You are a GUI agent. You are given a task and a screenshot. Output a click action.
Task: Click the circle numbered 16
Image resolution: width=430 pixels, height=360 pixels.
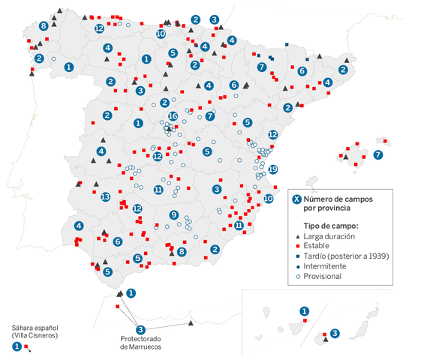click(173, 116)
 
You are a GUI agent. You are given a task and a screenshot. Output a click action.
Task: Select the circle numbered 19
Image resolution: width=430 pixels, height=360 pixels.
click(273, 169)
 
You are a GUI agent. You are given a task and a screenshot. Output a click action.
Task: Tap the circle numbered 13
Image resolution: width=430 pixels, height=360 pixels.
click(105, 197)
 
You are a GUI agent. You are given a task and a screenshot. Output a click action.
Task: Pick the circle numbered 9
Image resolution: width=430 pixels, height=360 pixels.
click(174, 215)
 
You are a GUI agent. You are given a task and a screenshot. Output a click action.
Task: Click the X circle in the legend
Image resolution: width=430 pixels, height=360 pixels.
click(296, 199)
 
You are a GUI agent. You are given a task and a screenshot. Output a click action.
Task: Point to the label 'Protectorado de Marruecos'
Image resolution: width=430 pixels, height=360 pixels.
click(140, 342)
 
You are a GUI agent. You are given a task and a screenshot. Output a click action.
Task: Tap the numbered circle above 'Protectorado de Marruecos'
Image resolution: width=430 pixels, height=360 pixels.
click(140, 329)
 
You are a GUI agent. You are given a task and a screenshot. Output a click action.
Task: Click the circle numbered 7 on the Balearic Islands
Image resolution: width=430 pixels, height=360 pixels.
click(377, 154)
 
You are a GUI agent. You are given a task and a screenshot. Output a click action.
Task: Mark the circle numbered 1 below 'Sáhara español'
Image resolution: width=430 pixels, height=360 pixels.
click(17, 346)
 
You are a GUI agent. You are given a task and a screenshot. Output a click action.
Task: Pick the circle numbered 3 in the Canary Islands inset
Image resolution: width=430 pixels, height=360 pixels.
click(335, 333)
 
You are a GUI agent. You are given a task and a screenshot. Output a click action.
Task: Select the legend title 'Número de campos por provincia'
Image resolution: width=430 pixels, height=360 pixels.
click(335, 204)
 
